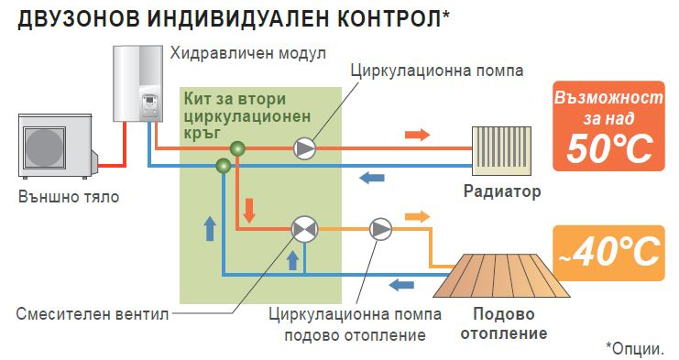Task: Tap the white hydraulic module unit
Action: [136, 85]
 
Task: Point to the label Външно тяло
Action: [68, 196]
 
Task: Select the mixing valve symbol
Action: [302, 229]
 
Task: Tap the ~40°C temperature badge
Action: [608, 251]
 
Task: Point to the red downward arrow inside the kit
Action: [248, 217]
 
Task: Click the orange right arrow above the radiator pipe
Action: [417, 135]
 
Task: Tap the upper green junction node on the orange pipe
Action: [237, 147]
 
